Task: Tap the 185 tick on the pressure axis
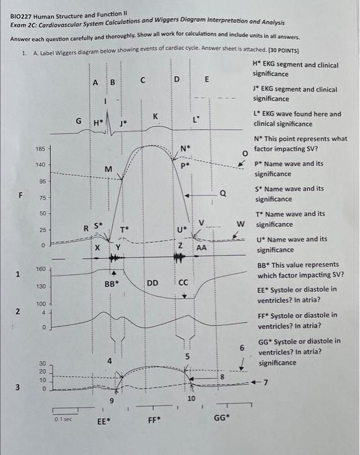(x=41, y=149)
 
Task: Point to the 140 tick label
(x=41, y=165)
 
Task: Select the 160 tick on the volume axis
(x=40, y=268)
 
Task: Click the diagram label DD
(x=153, y=283)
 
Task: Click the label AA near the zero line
(x=201, y=248)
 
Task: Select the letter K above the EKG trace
(x=155, y=116)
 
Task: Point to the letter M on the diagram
(x=109, y=170)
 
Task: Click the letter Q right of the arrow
(x=222, y=192)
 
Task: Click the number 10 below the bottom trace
(x=192, y=397)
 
